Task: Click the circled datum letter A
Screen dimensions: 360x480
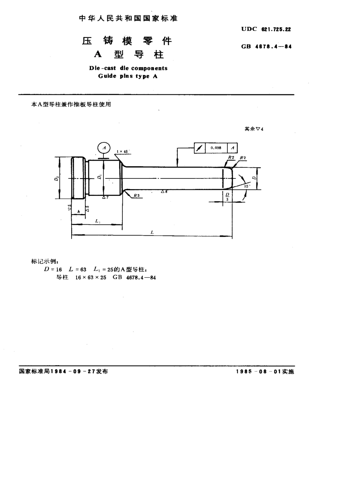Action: tap(104, 147)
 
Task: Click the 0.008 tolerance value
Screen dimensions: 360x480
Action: tap(216, 148)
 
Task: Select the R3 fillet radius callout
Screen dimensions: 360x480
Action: tap(136, 195)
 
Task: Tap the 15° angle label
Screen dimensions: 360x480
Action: tap(247, 186)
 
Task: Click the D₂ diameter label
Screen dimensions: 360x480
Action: tap(56, 178)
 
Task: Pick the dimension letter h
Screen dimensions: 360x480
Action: tap(78, 211)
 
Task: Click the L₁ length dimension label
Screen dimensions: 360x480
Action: tap(98, 220)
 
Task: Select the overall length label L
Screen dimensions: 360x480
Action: tap(152, 232)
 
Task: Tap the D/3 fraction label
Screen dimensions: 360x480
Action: tap(227, 197)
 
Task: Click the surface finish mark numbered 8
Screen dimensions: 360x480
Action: tap(164, 192)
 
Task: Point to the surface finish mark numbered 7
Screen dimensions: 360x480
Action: tap(105, 197)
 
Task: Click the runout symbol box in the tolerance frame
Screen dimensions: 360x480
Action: tap(199, 148)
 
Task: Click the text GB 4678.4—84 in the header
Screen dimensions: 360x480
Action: tap(266, 47)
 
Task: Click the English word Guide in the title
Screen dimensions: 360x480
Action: tap(107, 76)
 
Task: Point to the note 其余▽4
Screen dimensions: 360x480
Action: tap(254, 129)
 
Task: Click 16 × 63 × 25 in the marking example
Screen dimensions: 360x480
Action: tap(91, 277)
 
